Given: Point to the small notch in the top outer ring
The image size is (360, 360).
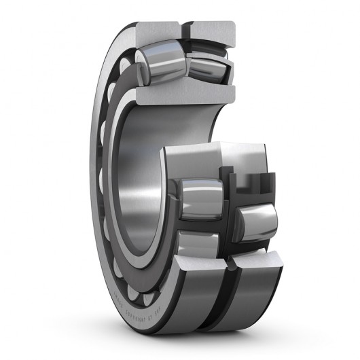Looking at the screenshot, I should [x=185, y=29].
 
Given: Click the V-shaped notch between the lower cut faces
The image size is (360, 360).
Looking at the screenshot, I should [x=226, y=262].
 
